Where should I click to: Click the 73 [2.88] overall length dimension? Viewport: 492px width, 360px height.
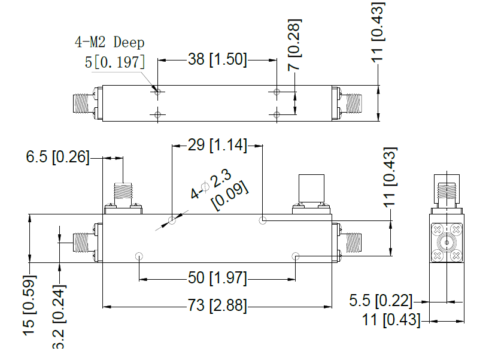(217, 305)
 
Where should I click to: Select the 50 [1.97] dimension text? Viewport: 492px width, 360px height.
(217, 278)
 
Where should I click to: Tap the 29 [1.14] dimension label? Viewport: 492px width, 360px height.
(217, 144)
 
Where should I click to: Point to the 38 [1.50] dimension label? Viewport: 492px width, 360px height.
(217, 59)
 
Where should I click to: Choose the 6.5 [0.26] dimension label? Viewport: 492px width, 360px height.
(57, 158)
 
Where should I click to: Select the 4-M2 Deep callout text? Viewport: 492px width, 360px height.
(110, 43)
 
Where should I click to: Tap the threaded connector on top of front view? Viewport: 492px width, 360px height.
(123, 193)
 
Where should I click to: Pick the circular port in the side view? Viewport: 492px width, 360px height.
(446, 242)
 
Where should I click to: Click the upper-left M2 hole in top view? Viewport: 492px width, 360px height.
(157, 92)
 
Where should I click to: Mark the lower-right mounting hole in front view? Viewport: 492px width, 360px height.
(296, 256)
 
